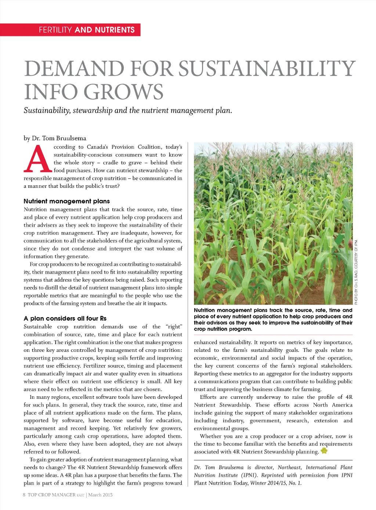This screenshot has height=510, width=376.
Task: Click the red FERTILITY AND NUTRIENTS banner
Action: coord(87,30)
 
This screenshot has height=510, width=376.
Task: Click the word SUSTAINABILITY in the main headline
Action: coord(267,69)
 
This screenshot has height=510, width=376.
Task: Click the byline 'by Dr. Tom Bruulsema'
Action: coord(55,138)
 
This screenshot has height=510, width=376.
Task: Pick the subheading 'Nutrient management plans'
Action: coord(66,201)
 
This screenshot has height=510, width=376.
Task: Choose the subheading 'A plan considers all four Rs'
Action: coord(65,318)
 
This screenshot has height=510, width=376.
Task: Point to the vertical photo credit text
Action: coord(356,272)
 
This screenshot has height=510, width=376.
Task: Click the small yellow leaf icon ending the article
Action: coord(324,451)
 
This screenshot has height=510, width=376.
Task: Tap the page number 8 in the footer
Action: coord(24,495)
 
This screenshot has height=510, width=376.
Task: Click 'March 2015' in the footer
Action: coord(100,495)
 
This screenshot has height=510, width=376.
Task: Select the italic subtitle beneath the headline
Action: coord(128,110)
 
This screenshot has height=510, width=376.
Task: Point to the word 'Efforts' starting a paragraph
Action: coord(208,397)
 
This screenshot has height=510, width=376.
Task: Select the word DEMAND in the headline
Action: coord(74,69)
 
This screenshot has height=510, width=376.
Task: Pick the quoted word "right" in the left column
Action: coord(174,327)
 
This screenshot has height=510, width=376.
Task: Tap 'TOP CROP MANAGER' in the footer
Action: coord(51,495)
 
